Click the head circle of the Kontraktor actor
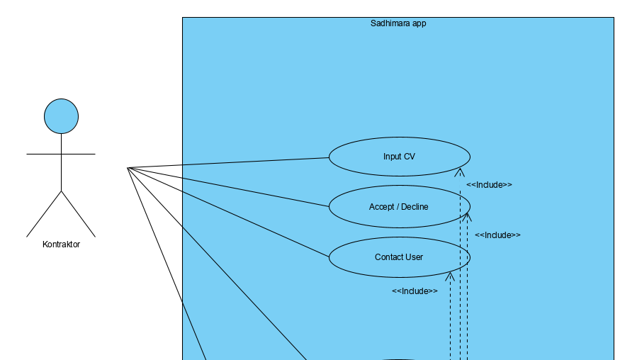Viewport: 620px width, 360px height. click(61, 116)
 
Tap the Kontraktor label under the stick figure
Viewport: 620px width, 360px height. click(61, 244)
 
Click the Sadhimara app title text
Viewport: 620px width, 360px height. click(398, 23)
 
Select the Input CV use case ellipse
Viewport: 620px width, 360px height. click(399, 157)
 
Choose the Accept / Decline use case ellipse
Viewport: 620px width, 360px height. click(399, 207)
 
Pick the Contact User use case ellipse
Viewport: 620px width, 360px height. click(399, 257)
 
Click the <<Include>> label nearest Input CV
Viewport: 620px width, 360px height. click(489, 185)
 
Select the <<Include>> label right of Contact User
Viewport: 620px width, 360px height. click(497, 235)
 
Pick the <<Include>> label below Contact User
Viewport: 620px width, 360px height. click(415, 291)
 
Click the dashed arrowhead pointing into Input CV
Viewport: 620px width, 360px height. click(460, 172)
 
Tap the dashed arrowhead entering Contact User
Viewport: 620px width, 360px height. click(450, 276)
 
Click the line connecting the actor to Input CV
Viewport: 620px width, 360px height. click(227, 163)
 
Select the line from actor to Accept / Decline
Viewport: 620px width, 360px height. click(227, 186)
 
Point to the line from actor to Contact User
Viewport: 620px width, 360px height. click(227, 210)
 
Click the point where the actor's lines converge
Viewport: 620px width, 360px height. click(128, 168)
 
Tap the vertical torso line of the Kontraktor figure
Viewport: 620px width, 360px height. click(61, 170)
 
